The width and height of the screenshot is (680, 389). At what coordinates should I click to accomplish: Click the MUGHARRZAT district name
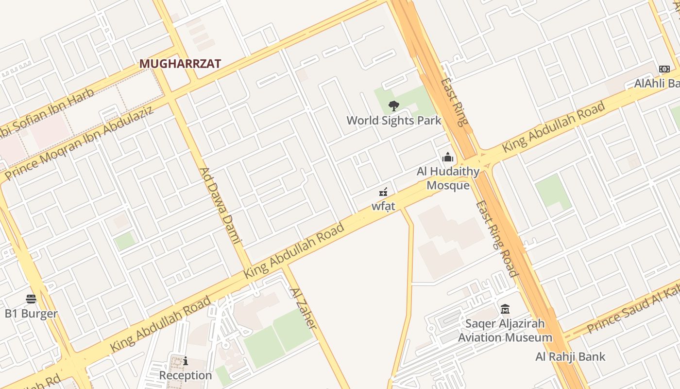180,64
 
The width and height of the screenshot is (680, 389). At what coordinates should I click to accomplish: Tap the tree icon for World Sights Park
394,106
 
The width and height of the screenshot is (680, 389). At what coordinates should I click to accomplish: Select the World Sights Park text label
394,120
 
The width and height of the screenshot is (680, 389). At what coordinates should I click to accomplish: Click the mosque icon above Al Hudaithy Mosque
447,157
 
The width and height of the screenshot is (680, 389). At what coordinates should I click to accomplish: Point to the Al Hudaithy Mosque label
448,178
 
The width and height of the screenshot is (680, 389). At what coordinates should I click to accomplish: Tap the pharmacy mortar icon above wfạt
383,192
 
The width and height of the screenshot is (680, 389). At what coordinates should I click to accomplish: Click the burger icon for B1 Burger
31,299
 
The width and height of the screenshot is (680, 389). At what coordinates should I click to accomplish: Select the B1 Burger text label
31,314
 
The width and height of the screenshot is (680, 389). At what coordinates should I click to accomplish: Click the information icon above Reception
186,361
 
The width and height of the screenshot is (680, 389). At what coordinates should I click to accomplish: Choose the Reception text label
186,375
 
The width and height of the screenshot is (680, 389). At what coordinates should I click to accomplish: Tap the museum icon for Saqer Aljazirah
505,309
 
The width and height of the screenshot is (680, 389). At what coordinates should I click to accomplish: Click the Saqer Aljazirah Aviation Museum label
505,330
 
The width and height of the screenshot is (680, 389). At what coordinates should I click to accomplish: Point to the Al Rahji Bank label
570,356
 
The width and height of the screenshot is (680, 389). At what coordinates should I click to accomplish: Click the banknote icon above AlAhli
664,69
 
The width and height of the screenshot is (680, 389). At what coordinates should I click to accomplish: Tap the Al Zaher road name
304,308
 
